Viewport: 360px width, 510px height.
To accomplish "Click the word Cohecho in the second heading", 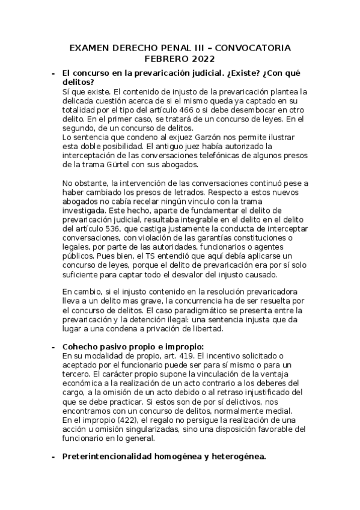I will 81,347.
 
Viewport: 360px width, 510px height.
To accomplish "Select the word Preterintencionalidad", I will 113,456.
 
